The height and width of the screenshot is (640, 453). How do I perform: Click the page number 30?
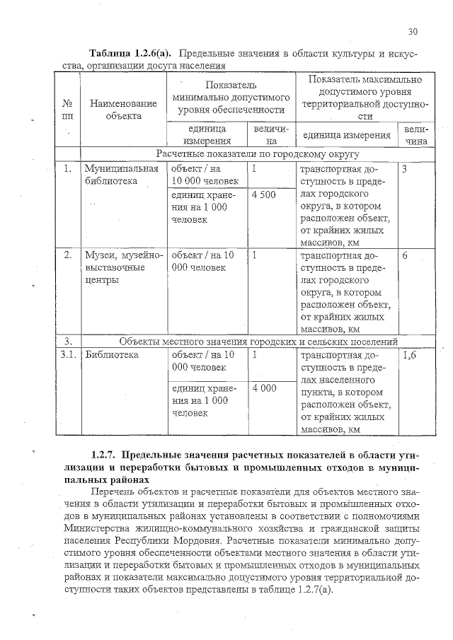point(413,31)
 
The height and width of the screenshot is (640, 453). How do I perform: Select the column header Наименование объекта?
point(114,110)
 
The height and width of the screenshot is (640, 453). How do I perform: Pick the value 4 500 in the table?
point(263,194)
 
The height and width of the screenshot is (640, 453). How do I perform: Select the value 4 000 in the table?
point(263,388)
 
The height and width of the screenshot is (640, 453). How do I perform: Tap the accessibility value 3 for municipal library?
point(404,170)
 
